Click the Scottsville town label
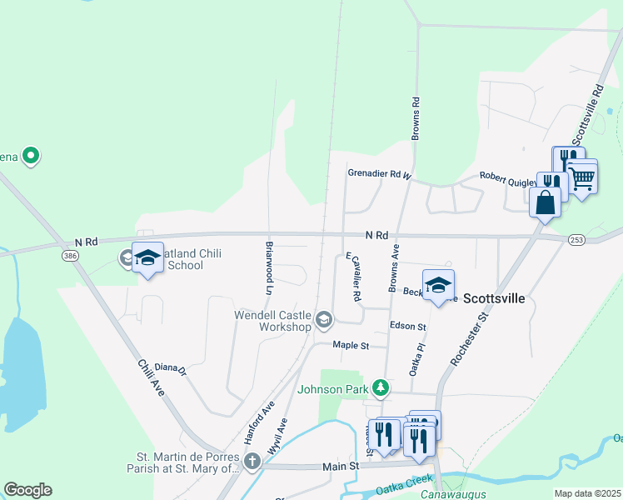point(493,297)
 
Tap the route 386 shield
point(70,257)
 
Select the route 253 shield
point(576,240)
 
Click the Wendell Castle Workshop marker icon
point(324,319)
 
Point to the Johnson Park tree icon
point(380,387)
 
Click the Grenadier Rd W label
point(380,174)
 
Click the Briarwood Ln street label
point(269,269)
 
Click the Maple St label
point(350,344)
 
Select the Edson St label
point(408,326)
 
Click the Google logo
point(27,490)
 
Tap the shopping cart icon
point(582,177)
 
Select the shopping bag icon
point(544,203)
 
